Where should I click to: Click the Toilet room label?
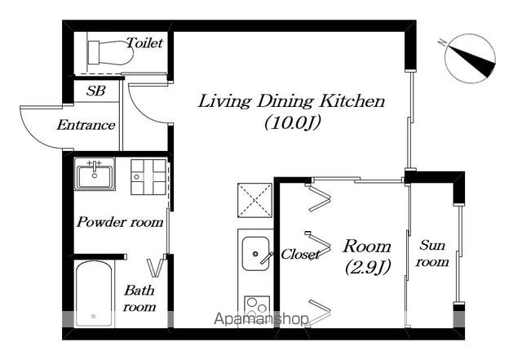click(x=145, y=43)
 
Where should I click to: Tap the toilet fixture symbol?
click(x=111, y=53)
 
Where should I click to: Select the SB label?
click(x=96, y=91)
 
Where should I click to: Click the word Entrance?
click(x=86, y=125)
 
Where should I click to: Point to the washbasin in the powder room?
click(x=95, y=174)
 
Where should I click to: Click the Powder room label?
click(x=120, y=222)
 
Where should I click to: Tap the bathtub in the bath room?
click(x=94, y=294)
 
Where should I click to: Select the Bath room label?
click(x=139, y=298)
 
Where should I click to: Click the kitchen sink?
click(x=255, y=253)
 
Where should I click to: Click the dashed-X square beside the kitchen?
click(x=254, y=200)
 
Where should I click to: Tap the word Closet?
click(x=301, y=255)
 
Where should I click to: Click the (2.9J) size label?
click(x=368, y=267)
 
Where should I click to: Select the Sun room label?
click(x=432, y=254)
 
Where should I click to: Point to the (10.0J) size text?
click(x=293, y=123)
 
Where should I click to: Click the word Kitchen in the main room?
click(x=352, y=101)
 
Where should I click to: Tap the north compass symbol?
click(x=470, y=59)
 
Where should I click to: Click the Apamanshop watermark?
click(x=261, y=319)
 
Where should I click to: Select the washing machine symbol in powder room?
click(x=148, y=177)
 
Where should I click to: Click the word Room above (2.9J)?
click(x=367, y=247)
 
